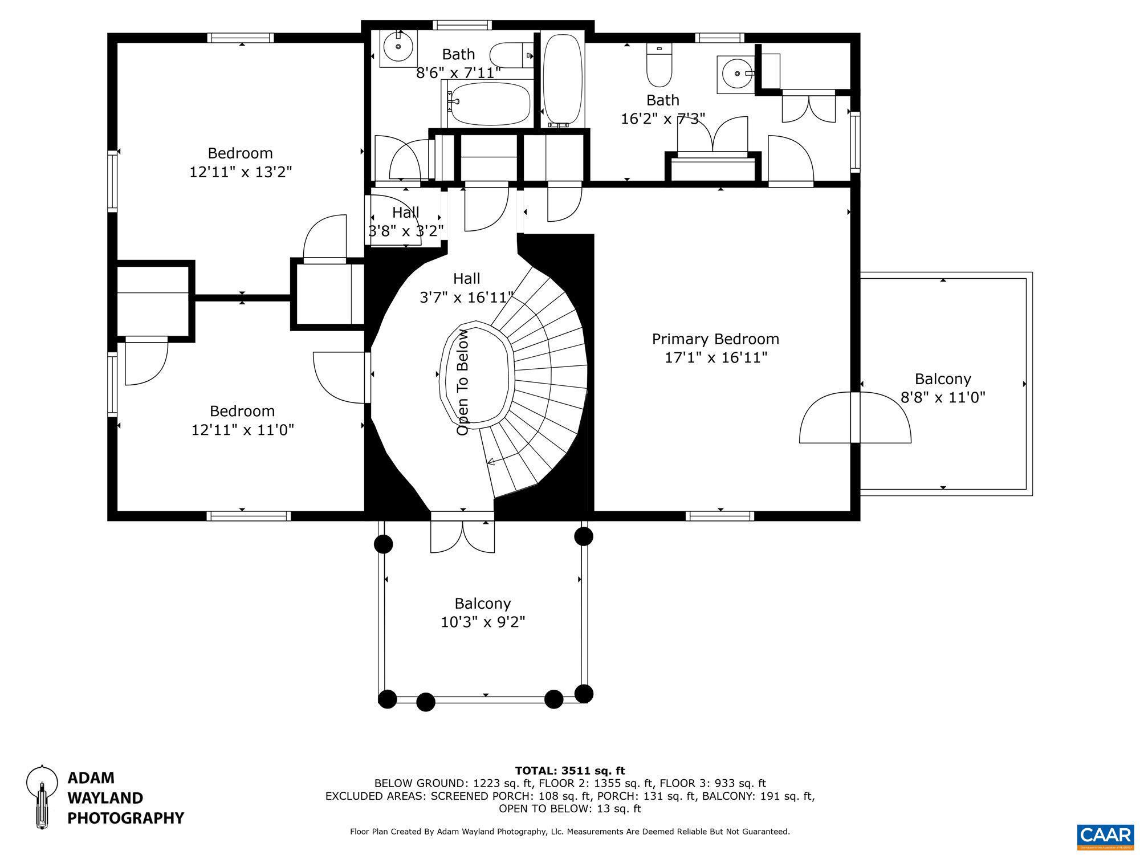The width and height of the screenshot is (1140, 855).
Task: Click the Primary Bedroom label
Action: click(715, 339)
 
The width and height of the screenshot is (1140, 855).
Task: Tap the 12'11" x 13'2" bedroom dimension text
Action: click(241, 172)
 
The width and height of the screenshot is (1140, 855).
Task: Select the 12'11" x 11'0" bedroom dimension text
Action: click(242, 430)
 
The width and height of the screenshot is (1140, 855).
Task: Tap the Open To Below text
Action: click(462, 382)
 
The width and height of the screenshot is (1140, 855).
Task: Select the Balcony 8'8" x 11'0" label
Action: click(943, 388)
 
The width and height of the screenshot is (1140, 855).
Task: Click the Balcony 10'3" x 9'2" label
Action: click(483, 612)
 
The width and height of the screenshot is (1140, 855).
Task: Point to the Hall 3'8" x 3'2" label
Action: click(405, 221)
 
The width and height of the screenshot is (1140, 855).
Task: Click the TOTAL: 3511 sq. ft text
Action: click(570, 771)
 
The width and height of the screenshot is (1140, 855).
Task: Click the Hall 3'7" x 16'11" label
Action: click(466, 287)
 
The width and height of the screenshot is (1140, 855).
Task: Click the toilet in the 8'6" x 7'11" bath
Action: click(511, 56)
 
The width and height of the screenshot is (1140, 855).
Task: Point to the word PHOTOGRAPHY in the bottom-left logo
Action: click(125, 819)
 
